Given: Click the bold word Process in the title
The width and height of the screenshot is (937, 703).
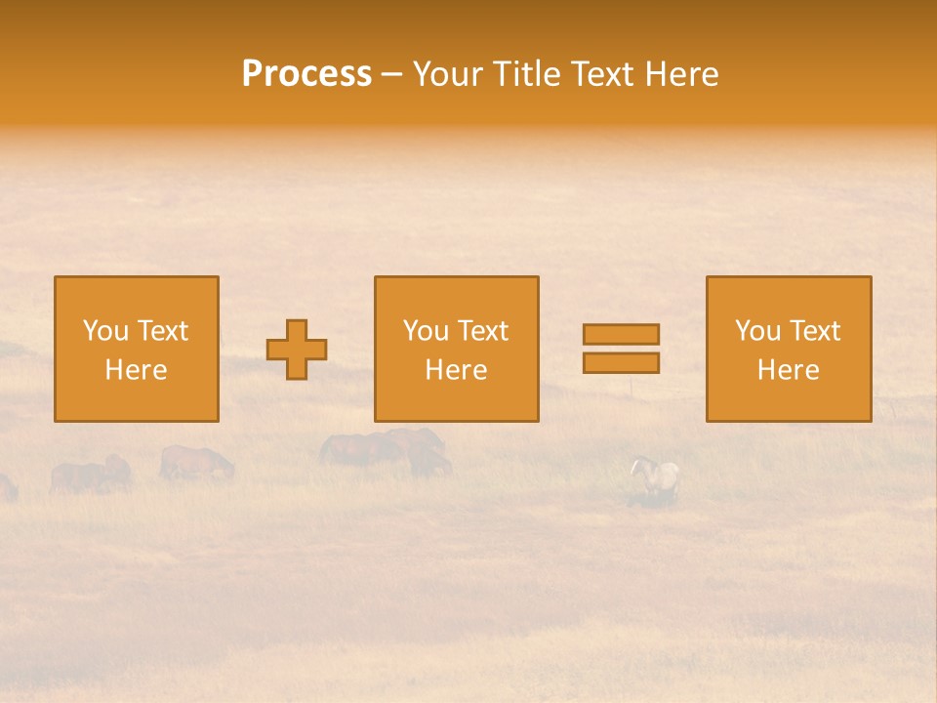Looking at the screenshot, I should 306,74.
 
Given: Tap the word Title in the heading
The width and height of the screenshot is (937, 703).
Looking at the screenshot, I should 525,74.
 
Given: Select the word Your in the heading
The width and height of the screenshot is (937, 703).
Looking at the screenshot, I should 448,74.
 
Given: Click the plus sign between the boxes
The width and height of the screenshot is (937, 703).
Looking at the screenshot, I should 297,350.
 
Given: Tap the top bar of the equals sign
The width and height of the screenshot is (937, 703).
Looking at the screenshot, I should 621,334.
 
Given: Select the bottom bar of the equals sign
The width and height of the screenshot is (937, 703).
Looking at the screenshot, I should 621,363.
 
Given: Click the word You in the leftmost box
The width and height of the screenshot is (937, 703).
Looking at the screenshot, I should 105,331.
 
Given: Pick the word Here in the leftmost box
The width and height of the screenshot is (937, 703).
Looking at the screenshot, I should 136,370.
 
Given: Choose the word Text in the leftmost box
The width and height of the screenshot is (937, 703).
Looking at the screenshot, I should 162,331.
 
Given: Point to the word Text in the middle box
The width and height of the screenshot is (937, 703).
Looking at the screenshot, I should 482,331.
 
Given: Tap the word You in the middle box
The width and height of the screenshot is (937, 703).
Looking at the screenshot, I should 426,331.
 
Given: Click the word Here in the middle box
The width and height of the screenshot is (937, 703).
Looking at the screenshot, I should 456,370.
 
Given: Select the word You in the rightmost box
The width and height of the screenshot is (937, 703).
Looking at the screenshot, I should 757,331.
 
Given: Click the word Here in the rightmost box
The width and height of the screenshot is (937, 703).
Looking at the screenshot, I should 788,370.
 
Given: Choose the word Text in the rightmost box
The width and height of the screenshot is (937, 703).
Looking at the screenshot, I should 814,331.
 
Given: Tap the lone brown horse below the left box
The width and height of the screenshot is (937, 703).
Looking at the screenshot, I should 196,463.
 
